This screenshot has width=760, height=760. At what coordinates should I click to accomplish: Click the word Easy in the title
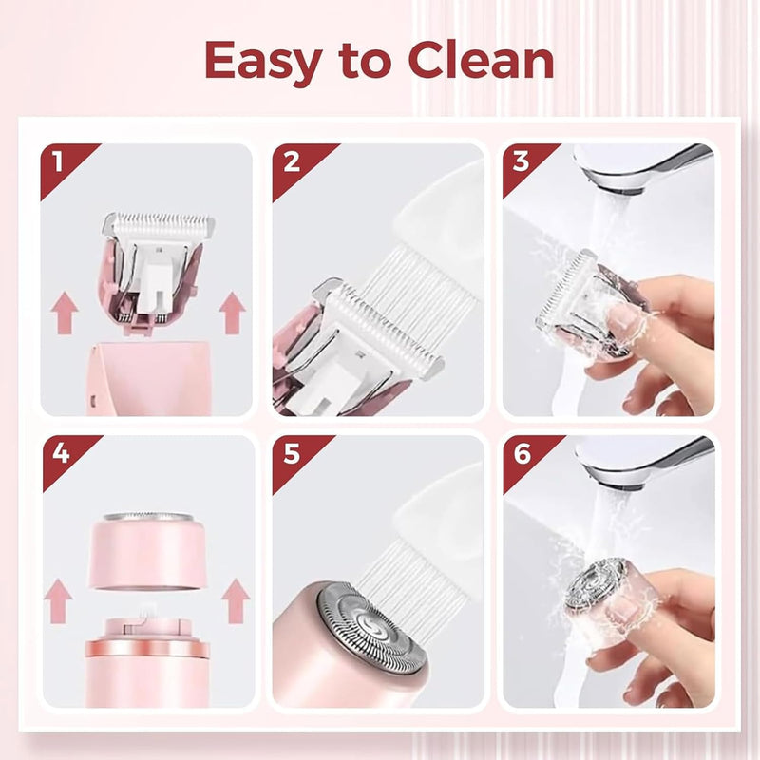pyautogui.click(x=260, y=62)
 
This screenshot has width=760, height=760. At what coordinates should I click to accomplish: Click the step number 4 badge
pyautogui.click(x=59, y=453)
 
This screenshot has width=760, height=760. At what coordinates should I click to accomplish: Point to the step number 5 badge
pyautogui.click(x=291, y=453)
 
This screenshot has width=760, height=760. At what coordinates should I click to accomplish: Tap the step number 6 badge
pyautogui.click(x=522, y=453)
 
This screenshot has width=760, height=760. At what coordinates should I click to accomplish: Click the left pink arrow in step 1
pyautogui.click(x=65, y=313)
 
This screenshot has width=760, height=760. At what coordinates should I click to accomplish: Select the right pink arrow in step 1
pyautogui.click(x=232, y=313)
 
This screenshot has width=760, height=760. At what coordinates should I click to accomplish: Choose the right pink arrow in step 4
pyautogui.click(x=233, y=601)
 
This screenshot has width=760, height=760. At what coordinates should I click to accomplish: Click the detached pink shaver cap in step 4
pyautogui.click(x=147, y=551)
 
